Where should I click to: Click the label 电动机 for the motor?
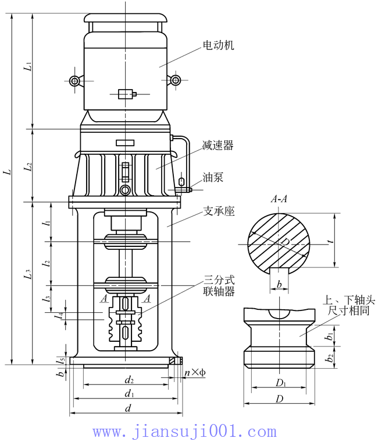pos(218,45)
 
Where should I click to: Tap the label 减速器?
pos(218,146)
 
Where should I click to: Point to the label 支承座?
pos(219,212)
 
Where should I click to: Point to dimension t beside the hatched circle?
pos(330,240)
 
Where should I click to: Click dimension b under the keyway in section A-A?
pos(280,284)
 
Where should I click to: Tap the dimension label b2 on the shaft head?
pos(330,358)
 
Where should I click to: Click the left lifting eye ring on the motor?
pos(75,80)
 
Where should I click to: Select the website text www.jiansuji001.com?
pos(184,432)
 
